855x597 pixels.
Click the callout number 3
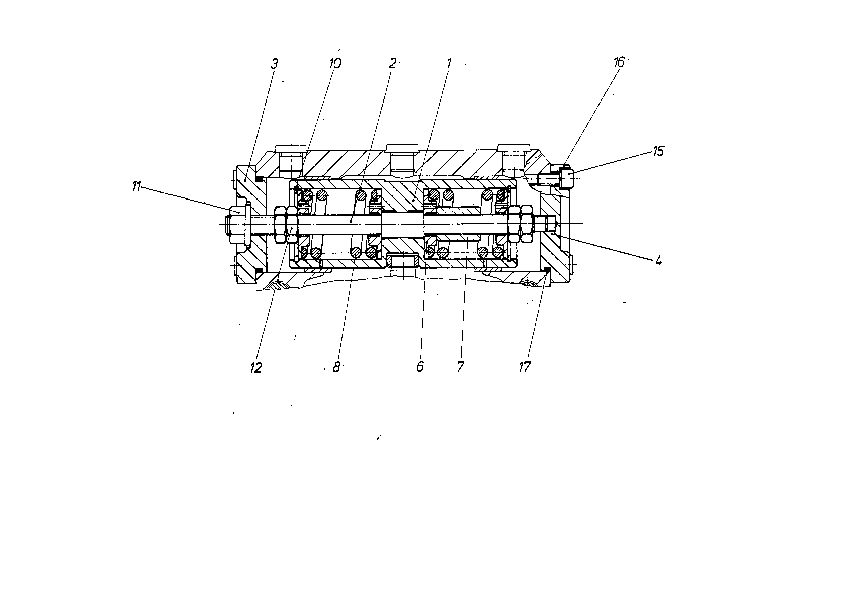click(x=274, y=64)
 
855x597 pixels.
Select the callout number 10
click(x=335, y=64)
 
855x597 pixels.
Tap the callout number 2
click(x=392, y=63)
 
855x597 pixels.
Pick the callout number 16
click(x=619, y=62)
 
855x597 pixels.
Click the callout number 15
click(x=658, y=151)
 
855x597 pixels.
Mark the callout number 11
click(x=136, y=186)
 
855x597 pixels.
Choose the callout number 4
click(x=658, y=261)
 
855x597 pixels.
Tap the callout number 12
click(x=255, y=367)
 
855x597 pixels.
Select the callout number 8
click(x=336, y=367)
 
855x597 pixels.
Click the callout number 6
click(x=420, y=367)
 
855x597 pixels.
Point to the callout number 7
click(x=460, y=367)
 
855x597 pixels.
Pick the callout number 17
click(x=525, y=367)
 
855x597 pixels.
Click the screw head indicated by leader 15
click(x=566, y=178)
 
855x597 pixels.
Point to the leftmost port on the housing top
click(x=291, y=161)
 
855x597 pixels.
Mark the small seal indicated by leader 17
click(x=547, y=270)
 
